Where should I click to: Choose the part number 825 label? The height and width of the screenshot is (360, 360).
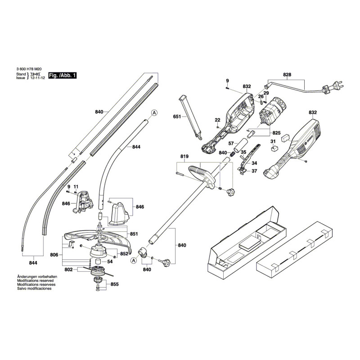[277, 133]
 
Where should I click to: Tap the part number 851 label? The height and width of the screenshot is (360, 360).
[134, 234]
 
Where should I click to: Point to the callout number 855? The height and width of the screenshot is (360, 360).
[115, 284]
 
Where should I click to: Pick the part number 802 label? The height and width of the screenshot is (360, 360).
[68, 270]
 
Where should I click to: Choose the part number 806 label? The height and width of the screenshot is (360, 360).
[54, 255]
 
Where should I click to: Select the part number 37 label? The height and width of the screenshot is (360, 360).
[254, 171]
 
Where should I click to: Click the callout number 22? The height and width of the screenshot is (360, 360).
[217, 120]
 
